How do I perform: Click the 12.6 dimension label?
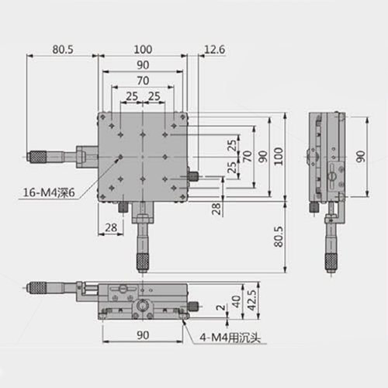(214, 49)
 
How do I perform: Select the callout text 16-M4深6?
(49, 192)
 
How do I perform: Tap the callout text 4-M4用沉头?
(230, 338)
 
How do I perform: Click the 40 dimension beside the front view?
(236, 301)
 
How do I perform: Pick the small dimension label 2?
(220, 307)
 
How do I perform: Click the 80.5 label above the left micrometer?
(63, 50)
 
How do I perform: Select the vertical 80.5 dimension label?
(279, 237)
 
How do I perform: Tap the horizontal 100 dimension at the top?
(143, 50)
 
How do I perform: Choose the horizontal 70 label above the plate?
(143, 81)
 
